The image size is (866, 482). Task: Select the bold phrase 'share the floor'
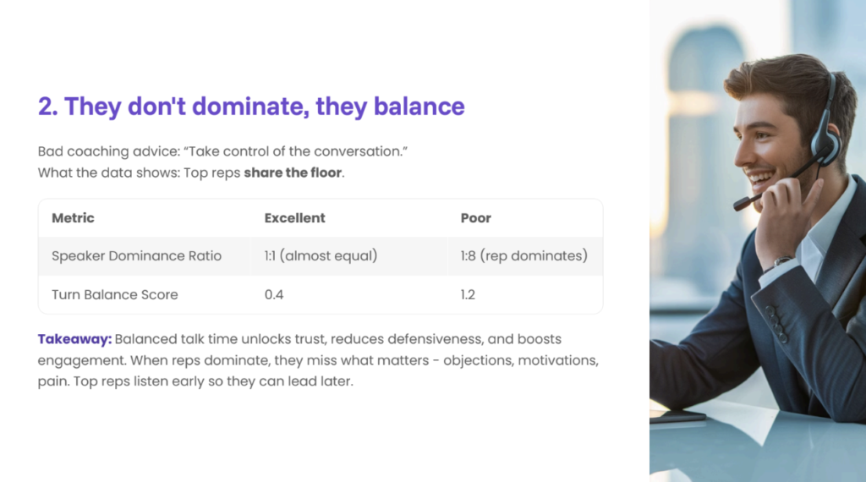[x=293, y=173]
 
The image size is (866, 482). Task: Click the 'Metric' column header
[x=73, y=218]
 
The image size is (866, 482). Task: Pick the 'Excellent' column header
[x=294, y=218]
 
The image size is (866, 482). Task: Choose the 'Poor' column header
[x=475, y=218]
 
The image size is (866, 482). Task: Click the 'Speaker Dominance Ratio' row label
[x=136, y=256]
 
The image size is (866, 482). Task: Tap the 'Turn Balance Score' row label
[x=115, y=295]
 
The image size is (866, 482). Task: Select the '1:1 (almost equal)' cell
[x=321, y=256]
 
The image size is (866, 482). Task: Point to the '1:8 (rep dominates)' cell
[x=524, y=256]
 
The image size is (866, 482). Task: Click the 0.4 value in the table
[x=274, y=295]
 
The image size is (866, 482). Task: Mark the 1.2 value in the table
[x=468, y=295]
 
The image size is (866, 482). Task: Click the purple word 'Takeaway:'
[x=74, y=339]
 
